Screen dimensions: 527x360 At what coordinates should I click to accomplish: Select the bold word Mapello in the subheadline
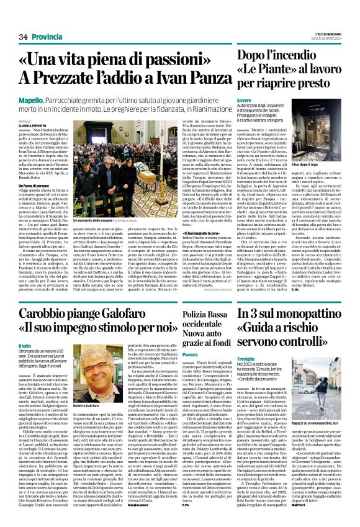click(x=29, y=99)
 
